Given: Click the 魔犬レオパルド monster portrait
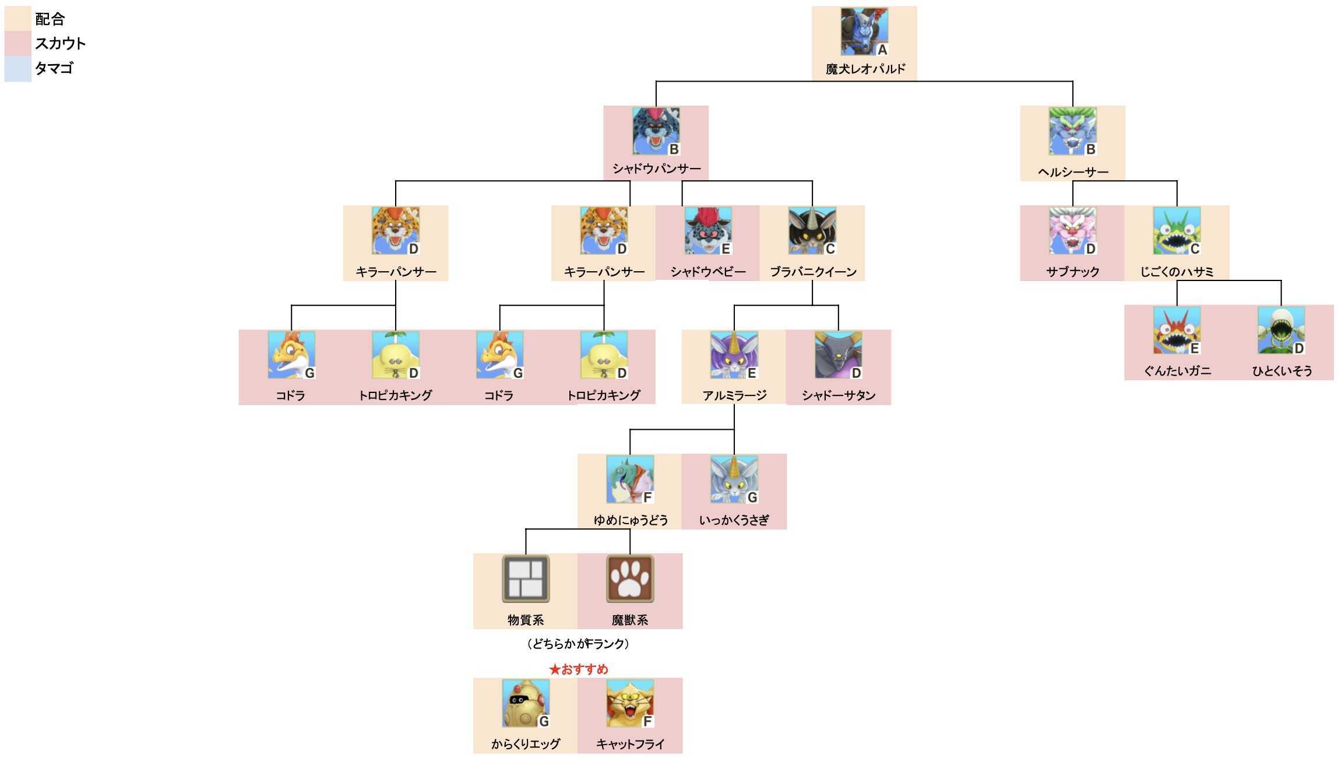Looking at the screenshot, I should click(864, 31).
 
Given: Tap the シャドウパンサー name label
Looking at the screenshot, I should click(656, 169).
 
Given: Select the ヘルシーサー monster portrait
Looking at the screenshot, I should click(1072, 131).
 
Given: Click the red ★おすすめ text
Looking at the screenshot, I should click(578, 669).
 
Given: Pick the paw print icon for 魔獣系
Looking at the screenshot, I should click(630, 579).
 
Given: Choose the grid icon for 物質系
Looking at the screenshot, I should click(526, 579).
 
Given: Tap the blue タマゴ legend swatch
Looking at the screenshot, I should click(17, 69).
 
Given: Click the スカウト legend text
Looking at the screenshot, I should click(60, 44).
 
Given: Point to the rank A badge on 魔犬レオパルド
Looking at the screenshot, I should click(882, 50).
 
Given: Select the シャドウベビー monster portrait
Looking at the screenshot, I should click(708, 231).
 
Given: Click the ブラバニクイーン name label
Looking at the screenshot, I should click(813, 272).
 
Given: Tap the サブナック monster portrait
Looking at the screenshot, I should click(1072, 231).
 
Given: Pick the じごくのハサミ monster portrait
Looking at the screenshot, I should click(1177, 231).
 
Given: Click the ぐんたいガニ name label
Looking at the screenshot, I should click(1177, 371).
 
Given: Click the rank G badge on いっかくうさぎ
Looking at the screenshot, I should click(752, 497).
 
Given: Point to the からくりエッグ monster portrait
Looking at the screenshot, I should click(526, 703).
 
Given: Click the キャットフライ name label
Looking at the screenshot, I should click(630, 744).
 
